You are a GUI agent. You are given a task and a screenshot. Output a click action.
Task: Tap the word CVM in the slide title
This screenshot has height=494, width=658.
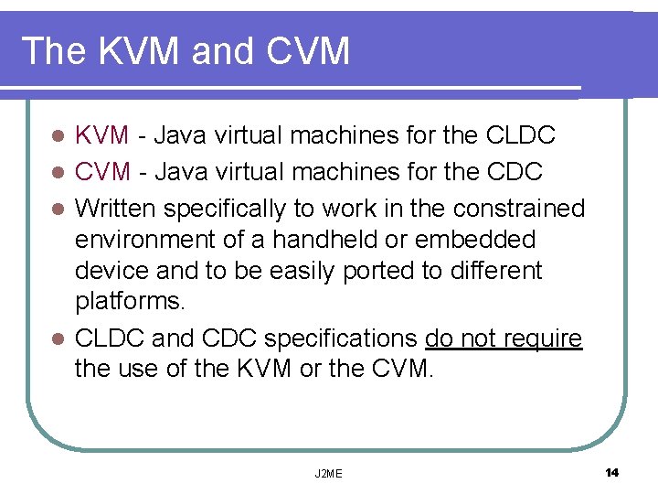pos(309,51)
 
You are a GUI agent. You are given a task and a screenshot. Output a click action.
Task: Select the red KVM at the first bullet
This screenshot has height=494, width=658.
pos(102,136)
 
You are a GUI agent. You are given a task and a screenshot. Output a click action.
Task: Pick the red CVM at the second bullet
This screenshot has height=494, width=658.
pos(102,172)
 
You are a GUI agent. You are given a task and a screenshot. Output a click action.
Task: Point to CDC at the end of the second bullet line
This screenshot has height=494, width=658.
pos(516,172)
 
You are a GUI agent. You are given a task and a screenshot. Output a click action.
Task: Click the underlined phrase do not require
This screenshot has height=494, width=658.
pos(504,339)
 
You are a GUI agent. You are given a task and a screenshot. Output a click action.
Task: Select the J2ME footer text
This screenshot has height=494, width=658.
pos(328,473)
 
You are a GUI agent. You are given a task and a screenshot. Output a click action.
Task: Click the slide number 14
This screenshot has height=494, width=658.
pos(611,472)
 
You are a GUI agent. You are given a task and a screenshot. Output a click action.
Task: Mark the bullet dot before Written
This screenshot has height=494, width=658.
pos(58,209)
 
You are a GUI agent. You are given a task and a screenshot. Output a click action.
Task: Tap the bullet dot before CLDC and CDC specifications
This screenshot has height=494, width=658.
pos(58,339)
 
